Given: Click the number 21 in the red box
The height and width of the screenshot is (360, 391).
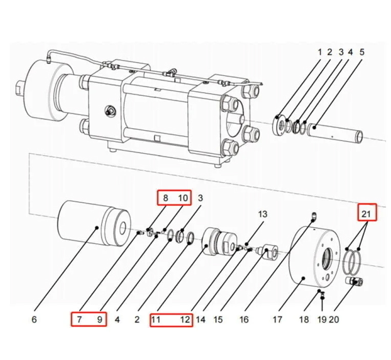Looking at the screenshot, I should [x=367, y=212].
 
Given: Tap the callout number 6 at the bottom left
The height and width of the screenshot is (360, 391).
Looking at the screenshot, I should [x=34, y=320].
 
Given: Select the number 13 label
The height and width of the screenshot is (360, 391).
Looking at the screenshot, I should [x=262, y=214].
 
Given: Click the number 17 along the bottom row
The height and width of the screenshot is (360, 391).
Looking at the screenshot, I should [x=277, y=320].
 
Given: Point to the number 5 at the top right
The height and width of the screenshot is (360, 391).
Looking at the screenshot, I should [x=362, y=52].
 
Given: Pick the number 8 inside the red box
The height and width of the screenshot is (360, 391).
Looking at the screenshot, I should [x=165, y=198].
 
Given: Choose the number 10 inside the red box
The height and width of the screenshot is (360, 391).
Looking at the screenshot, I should [x=183, y=198].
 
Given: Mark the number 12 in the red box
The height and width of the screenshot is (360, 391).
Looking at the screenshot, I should [x=184, y=320].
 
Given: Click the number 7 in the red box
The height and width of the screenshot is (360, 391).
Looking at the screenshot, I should [x=79, y=320].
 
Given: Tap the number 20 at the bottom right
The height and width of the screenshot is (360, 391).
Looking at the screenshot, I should [x=334, y=320].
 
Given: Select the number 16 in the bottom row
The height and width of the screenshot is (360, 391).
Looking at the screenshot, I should [x=244, y=320].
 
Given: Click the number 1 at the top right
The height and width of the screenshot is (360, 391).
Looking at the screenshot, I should [x=319, y=52].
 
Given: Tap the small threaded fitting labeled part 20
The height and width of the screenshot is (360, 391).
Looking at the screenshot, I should [x=354, y=281].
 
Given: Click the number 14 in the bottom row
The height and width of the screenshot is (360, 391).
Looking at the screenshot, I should [x=200, y=320].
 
